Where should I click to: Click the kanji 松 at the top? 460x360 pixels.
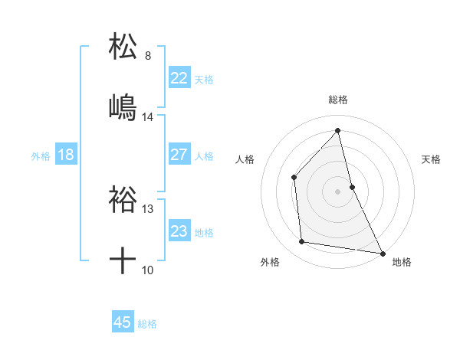click(123, 45)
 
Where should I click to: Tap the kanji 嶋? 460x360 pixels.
click(123, 107)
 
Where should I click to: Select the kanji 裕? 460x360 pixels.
click(123, 199)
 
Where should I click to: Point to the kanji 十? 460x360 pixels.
click(123, 261)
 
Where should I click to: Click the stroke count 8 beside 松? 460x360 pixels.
click(148, 55)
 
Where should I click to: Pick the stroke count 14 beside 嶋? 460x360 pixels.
click(148, 117)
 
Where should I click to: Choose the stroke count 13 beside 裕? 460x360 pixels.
click(148, 208)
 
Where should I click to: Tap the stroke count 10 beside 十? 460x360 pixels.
click(148, 270)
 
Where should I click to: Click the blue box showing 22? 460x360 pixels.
click(179, 78)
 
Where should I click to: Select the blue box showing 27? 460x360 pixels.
click(179, 155)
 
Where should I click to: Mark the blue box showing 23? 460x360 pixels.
click(179, 231)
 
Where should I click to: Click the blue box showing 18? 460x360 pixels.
click(66, 155)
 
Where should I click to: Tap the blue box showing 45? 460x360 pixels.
click(123, 322)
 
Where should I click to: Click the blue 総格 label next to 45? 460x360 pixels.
click(148, 324)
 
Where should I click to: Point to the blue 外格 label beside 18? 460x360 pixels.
click(41, 156)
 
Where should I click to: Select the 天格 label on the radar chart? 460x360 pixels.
click(432, 159)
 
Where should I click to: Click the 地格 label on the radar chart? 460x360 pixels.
click(402, 263)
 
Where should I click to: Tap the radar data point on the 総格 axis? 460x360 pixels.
click(337, 130)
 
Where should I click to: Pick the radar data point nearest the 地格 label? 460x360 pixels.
click(381, 252)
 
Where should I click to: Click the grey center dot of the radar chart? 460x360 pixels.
click(337, 191)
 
